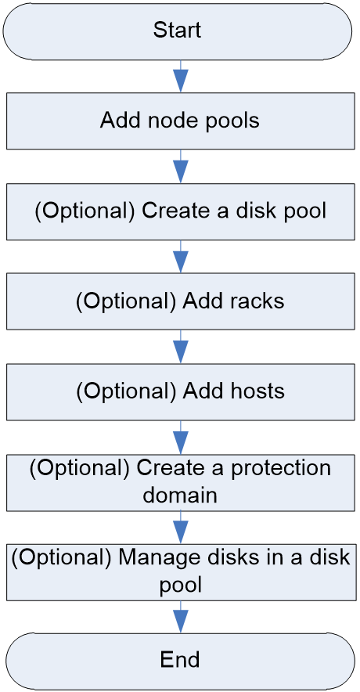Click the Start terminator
pos(178,31)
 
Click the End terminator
pos(180,660)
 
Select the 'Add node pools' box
pos(180,121)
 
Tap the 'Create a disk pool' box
pos(180,212)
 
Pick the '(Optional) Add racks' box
pos(180,301)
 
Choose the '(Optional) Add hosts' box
pos(180,391)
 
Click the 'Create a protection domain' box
pos(180,483)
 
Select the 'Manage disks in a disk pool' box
pos(180,572)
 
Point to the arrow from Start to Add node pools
pos(180,77)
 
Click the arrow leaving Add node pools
pos(180,167)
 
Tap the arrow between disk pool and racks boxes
pos(180,257)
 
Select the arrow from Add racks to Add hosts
pos(180,347)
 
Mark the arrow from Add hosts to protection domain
pos(180,438)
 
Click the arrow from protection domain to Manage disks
pos(180,528)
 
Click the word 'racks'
pos(258,301)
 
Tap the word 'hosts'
pos(259,391)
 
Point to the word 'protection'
pos(281,469)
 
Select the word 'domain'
pos(181,495)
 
